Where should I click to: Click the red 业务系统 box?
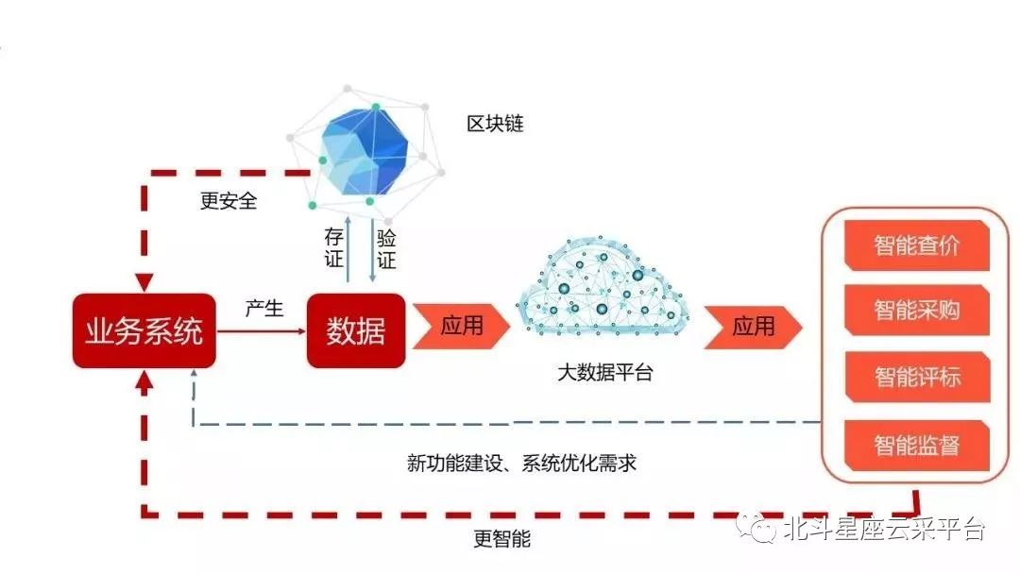tap(144, 330)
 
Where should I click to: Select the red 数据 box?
tap(356, 330)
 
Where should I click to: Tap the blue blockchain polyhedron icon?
tap(365, 151)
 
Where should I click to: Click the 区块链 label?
tap(495, 124)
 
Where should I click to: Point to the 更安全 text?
tap(229, 201)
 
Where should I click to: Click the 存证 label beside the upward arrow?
tap(333, 247)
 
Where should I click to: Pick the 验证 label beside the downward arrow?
tap(386, 249)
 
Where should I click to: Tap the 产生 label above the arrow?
tap(264, 308)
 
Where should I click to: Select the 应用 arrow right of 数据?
tap(461, 326)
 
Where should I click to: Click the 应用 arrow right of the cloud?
tap(753, 327)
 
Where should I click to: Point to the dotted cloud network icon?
tap(602, 287)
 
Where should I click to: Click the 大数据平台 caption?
tap(605, 373)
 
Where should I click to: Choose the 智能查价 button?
tap(916, 245)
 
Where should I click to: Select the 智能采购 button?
tap(916, 310)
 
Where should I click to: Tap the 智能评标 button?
tap(917, 377)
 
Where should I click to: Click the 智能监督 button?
tap(916, 446)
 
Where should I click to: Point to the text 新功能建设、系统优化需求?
tap(521, 464)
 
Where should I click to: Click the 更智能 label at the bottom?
tap(502, 538)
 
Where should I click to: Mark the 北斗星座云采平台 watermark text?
tap(884, 529)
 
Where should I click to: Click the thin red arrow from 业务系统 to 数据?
tap(261, 331)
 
